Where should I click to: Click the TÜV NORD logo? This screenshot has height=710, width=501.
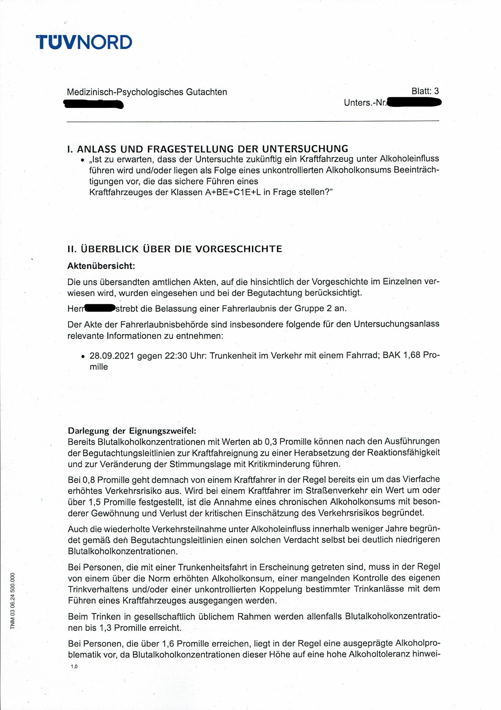click(x=84, y=42)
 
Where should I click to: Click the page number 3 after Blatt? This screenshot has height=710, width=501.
click(x=436, y=91)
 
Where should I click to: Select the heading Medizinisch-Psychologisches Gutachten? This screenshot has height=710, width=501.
click(x=147, y=92)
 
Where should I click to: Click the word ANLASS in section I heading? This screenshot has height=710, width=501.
click(x=97, y=149)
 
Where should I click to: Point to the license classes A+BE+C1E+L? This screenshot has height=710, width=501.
click(x=233, y=192)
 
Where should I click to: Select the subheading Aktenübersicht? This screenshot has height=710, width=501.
click(x=101, y=266)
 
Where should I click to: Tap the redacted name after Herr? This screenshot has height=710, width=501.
click(x=100, y=308)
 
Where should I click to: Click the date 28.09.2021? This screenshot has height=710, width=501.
click(x=112, y=355)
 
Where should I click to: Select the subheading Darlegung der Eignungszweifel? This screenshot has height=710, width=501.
click(x=132, y=431)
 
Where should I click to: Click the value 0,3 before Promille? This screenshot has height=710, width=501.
click(x=272, y=442)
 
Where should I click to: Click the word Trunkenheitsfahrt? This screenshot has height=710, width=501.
click(x=214, y=567)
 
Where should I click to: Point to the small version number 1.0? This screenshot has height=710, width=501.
click(x=74, y=667)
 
